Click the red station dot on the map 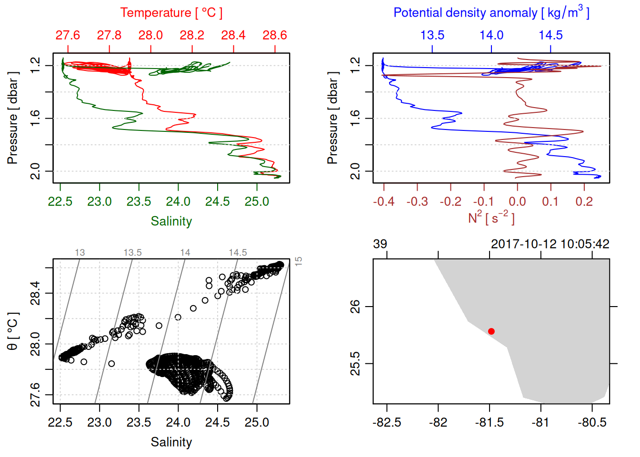coord(491,331)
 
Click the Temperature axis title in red coord(171,13)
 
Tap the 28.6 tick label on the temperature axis coord(275,35)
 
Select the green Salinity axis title coord(171,221)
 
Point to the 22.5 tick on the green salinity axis coord(60,202)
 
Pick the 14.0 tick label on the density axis coord(491,35)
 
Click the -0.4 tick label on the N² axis coord(383,202)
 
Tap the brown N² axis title coord(491,218)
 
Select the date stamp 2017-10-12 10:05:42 coord(550,244)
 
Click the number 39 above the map coord(380,244)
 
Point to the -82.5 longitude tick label coord(387,423)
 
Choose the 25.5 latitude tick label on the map coord(355,364)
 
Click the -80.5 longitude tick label coord(592,423)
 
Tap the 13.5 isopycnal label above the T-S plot coord(132,253)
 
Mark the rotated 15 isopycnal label coord(299,261)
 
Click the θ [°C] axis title coord(13,331)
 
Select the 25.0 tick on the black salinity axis coord(257,423)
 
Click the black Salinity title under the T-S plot coord(171,442)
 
